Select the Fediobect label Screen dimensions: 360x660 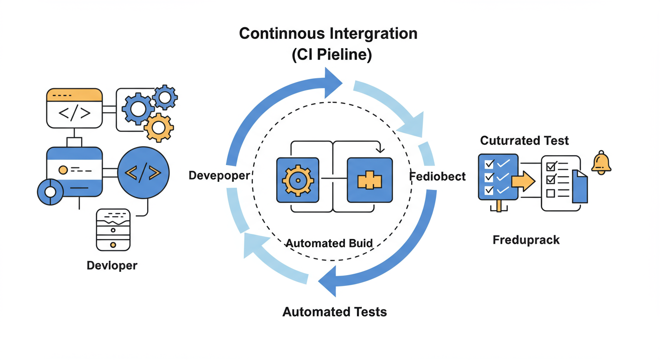pyautogui.click(x=437, y=177)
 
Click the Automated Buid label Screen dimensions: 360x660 pyautogui.click(x=329, y=243)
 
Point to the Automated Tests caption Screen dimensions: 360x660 pyautogui.click(x=335, y=312)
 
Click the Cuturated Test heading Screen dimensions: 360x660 pyautogui.click(x=525, y=140)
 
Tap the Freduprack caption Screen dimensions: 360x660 pyautogui.click(x=526, y=240)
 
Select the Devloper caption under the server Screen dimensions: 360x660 pyautogui.click(x=112, y=265)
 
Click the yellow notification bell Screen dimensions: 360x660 pyautogui.click(x=601, y=163)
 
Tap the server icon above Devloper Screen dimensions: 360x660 pyautogui.click(x=113, y=230)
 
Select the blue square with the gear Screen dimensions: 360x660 pyautogui.click(x=297, y=180)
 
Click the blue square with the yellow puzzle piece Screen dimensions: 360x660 pyautogui.click(x=369, y=180)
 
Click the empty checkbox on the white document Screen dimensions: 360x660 pyautogui.click(x=551, y=193)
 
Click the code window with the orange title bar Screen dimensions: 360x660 pyautogui.click(x=74, y=108)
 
